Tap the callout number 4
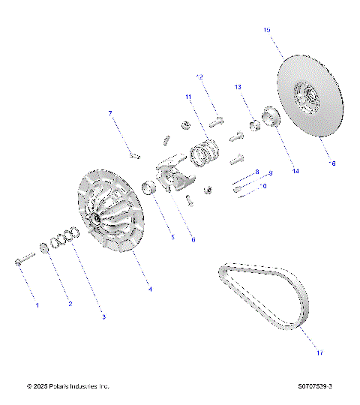pos(148,289)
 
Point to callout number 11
pos(189,97)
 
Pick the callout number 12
pos(199,76)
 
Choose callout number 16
pos(333,162)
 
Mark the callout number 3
pos(103,316)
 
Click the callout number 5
pos(171,237)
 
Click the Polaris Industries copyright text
pos(68,386)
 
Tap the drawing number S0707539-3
pos(315,386)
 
